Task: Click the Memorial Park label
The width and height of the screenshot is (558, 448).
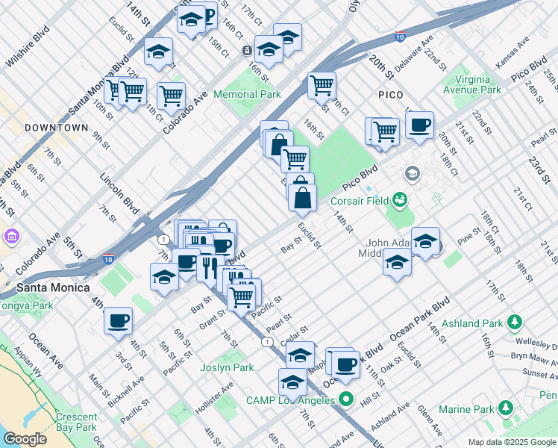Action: (247, 94)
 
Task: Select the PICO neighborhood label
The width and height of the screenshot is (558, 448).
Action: (390, 95)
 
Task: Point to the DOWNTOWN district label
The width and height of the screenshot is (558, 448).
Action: (56, 128)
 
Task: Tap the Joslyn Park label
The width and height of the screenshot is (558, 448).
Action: (228, 367)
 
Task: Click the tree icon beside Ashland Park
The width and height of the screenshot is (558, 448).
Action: (515, 322)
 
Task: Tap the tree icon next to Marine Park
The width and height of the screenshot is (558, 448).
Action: (506, 408)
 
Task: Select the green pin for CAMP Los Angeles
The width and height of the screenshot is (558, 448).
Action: (346, 399)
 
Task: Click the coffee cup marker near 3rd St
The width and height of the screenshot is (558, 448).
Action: (118, 320)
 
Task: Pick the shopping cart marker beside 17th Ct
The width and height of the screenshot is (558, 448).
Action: (322, 86)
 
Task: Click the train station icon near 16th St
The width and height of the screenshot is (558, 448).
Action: (247, 51)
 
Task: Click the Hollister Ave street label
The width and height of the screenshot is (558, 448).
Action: (216, 395)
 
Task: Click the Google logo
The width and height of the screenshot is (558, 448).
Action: (25, 438)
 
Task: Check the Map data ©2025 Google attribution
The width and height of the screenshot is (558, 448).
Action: (511, 442)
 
